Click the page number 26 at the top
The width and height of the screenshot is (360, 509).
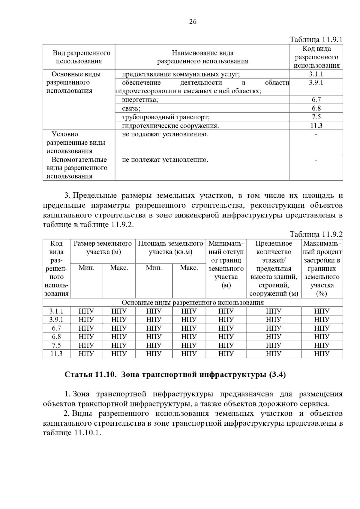click(x=193, y=21)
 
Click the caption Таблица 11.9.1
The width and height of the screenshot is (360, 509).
click(x=316, y=40)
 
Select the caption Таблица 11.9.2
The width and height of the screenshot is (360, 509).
click(x=316, y=234)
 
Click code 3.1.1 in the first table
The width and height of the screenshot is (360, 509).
click(x=316, y=74)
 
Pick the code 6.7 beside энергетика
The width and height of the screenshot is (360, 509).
click(x=316, y=100)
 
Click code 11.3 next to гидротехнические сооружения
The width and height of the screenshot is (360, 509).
click(x=316, y=126)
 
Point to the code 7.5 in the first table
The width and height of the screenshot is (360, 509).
click(x=316, y=117)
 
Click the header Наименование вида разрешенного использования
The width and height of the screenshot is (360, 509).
click(x=202, y=57)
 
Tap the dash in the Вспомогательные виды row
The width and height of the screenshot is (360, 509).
click(x=316, y=160)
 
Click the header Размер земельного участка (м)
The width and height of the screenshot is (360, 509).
click(x=103, y=247)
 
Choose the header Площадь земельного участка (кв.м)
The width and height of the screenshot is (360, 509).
click(x=170, y=247)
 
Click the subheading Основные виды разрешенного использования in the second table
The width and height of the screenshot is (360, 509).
click(x=193, y=302)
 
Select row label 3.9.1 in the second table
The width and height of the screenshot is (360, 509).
click(x=56, y=320)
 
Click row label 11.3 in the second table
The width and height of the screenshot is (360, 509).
click(x=56, y=354)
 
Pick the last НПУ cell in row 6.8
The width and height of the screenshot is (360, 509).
click(x=322, y=337)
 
